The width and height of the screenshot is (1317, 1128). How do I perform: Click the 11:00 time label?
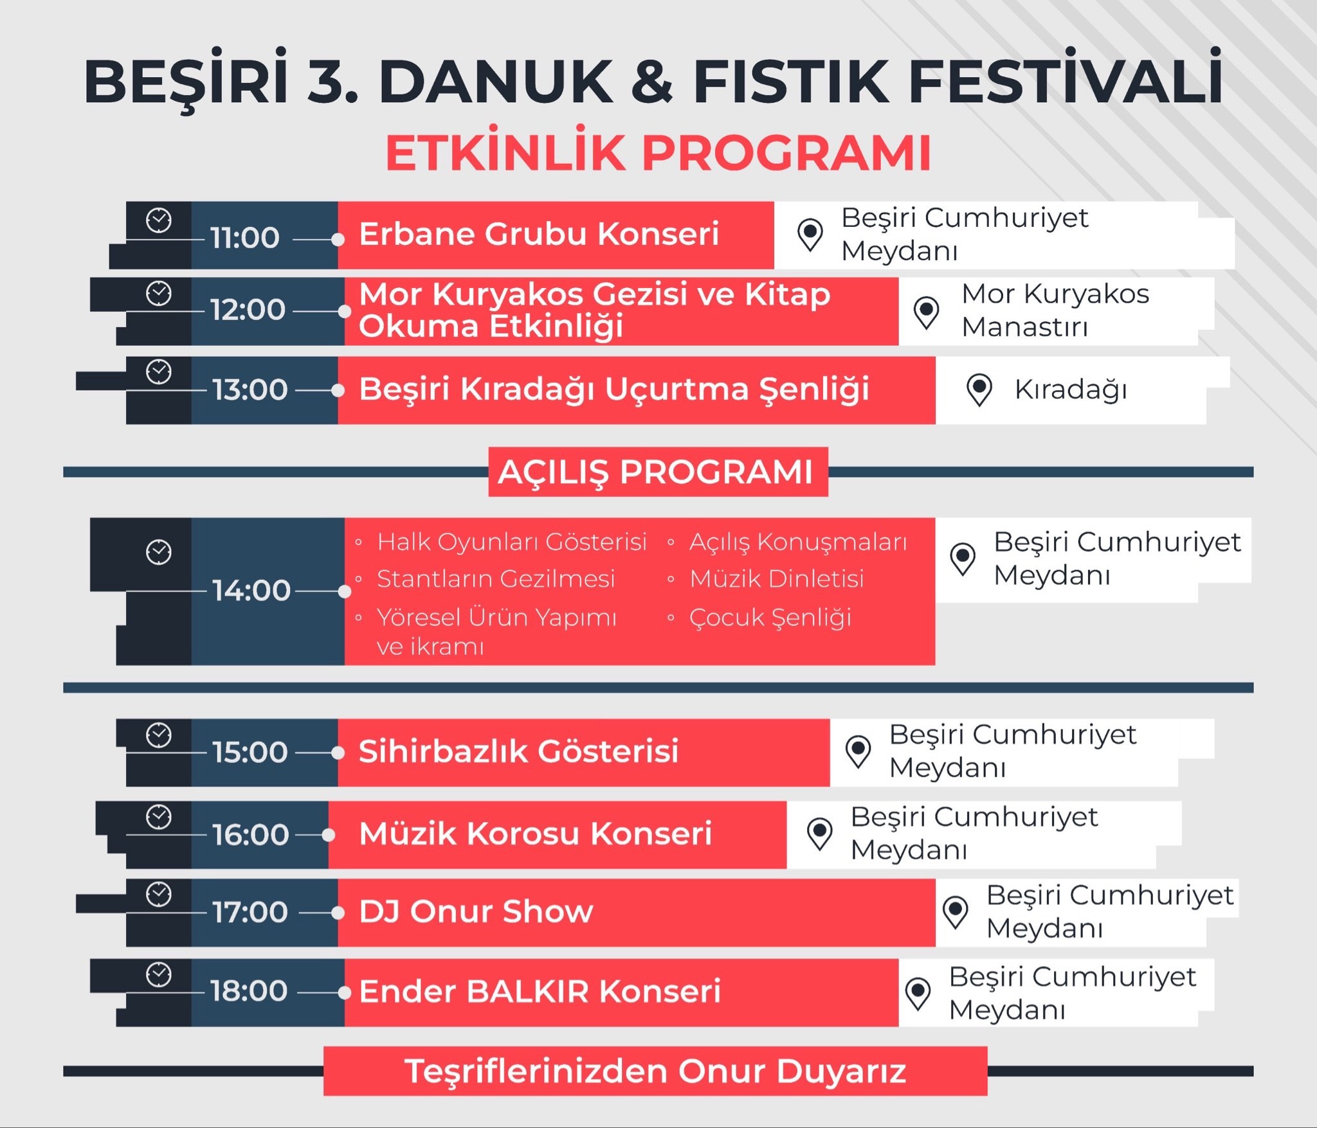(244, 238)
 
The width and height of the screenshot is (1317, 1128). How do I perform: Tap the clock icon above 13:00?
(159, 372)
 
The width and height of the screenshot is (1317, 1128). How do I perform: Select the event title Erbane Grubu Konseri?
(538, 234)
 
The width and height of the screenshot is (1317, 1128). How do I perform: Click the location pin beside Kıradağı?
(979, 389)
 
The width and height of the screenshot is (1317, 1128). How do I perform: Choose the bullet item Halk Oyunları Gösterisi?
(511, 542)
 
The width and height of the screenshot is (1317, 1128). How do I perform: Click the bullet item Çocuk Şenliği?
(770, 618)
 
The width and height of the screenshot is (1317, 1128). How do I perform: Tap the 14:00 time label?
(251, 590)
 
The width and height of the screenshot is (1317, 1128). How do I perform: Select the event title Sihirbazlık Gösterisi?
(518, 751)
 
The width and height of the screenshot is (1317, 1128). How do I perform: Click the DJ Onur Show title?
(476, 911)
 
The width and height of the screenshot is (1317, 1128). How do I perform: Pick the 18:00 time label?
(249, 990)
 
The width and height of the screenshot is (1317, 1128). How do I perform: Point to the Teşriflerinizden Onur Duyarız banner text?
(655, 1071)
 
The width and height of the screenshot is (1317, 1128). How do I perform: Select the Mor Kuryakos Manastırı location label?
(1055, 310)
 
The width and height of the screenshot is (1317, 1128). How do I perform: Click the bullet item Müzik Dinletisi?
(776, 579)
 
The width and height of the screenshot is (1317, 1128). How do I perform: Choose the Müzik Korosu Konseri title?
(535, 834)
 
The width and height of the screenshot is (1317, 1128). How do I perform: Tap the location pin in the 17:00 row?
(955, 911)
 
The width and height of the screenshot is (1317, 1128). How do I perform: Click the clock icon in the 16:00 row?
(159, 818)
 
